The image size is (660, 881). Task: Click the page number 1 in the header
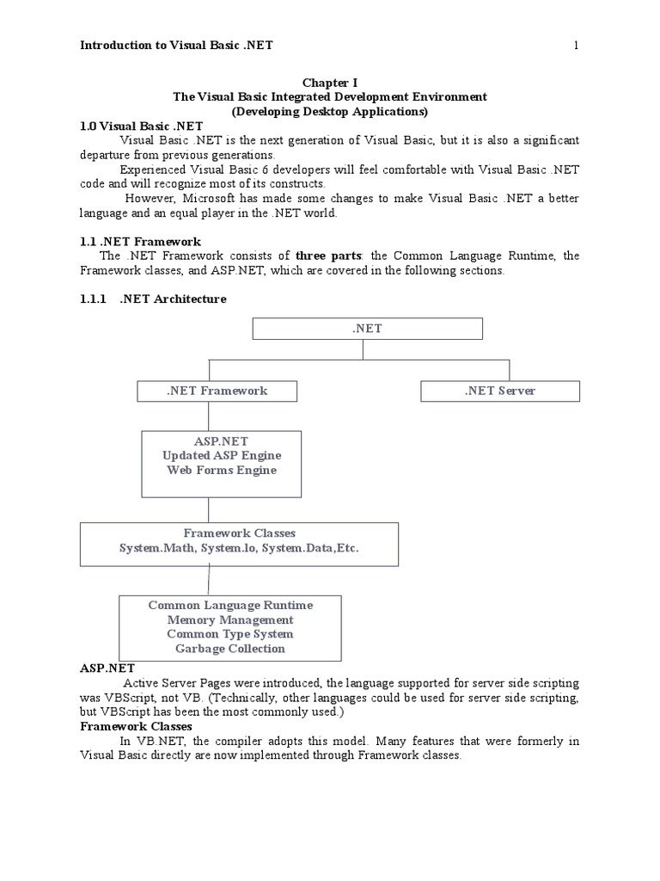(x=576, y=46)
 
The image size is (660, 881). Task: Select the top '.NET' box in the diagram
(x=367, y=328)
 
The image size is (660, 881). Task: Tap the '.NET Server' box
(x=500, y=391)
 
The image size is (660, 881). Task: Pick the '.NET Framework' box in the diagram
(x=217, y=391)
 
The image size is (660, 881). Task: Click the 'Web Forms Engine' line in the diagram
(x=221, y=470)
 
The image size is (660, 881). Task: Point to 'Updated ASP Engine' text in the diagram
(x=221, y=455)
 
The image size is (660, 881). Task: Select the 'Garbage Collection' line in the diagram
(x=229, y=649)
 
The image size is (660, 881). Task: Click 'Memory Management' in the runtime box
(x=229, y=619)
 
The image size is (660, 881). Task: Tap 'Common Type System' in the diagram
(x=229, y=634)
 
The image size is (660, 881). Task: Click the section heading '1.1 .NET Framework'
(x=140, y=242)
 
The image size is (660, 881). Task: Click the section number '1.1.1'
(x=93, y=299)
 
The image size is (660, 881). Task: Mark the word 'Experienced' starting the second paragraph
(x=155, y=169)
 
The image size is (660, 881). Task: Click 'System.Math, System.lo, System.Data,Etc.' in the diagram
(x=238, y=548)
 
